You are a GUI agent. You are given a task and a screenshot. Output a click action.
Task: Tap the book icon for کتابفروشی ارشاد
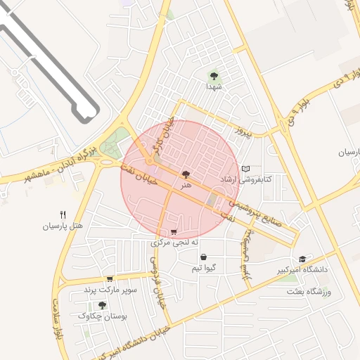point(245,169)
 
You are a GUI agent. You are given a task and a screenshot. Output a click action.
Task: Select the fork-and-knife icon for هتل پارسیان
point(63,214)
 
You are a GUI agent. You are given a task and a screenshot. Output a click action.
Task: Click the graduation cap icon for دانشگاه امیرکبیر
point(302,259)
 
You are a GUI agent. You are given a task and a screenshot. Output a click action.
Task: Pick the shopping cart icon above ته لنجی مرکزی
point(174,232)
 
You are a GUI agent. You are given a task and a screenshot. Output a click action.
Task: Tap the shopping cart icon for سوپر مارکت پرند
point(109,279)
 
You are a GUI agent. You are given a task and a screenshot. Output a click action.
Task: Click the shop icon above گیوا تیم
point(203,257)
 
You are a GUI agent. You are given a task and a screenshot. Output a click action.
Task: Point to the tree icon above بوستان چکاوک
point(103,305)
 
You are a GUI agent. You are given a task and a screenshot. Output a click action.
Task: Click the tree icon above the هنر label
point(186,174)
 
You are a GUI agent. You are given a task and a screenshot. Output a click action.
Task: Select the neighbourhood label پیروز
point(243,131)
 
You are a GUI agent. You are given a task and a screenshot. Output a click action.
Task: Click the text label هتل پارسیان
point(63,226)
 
